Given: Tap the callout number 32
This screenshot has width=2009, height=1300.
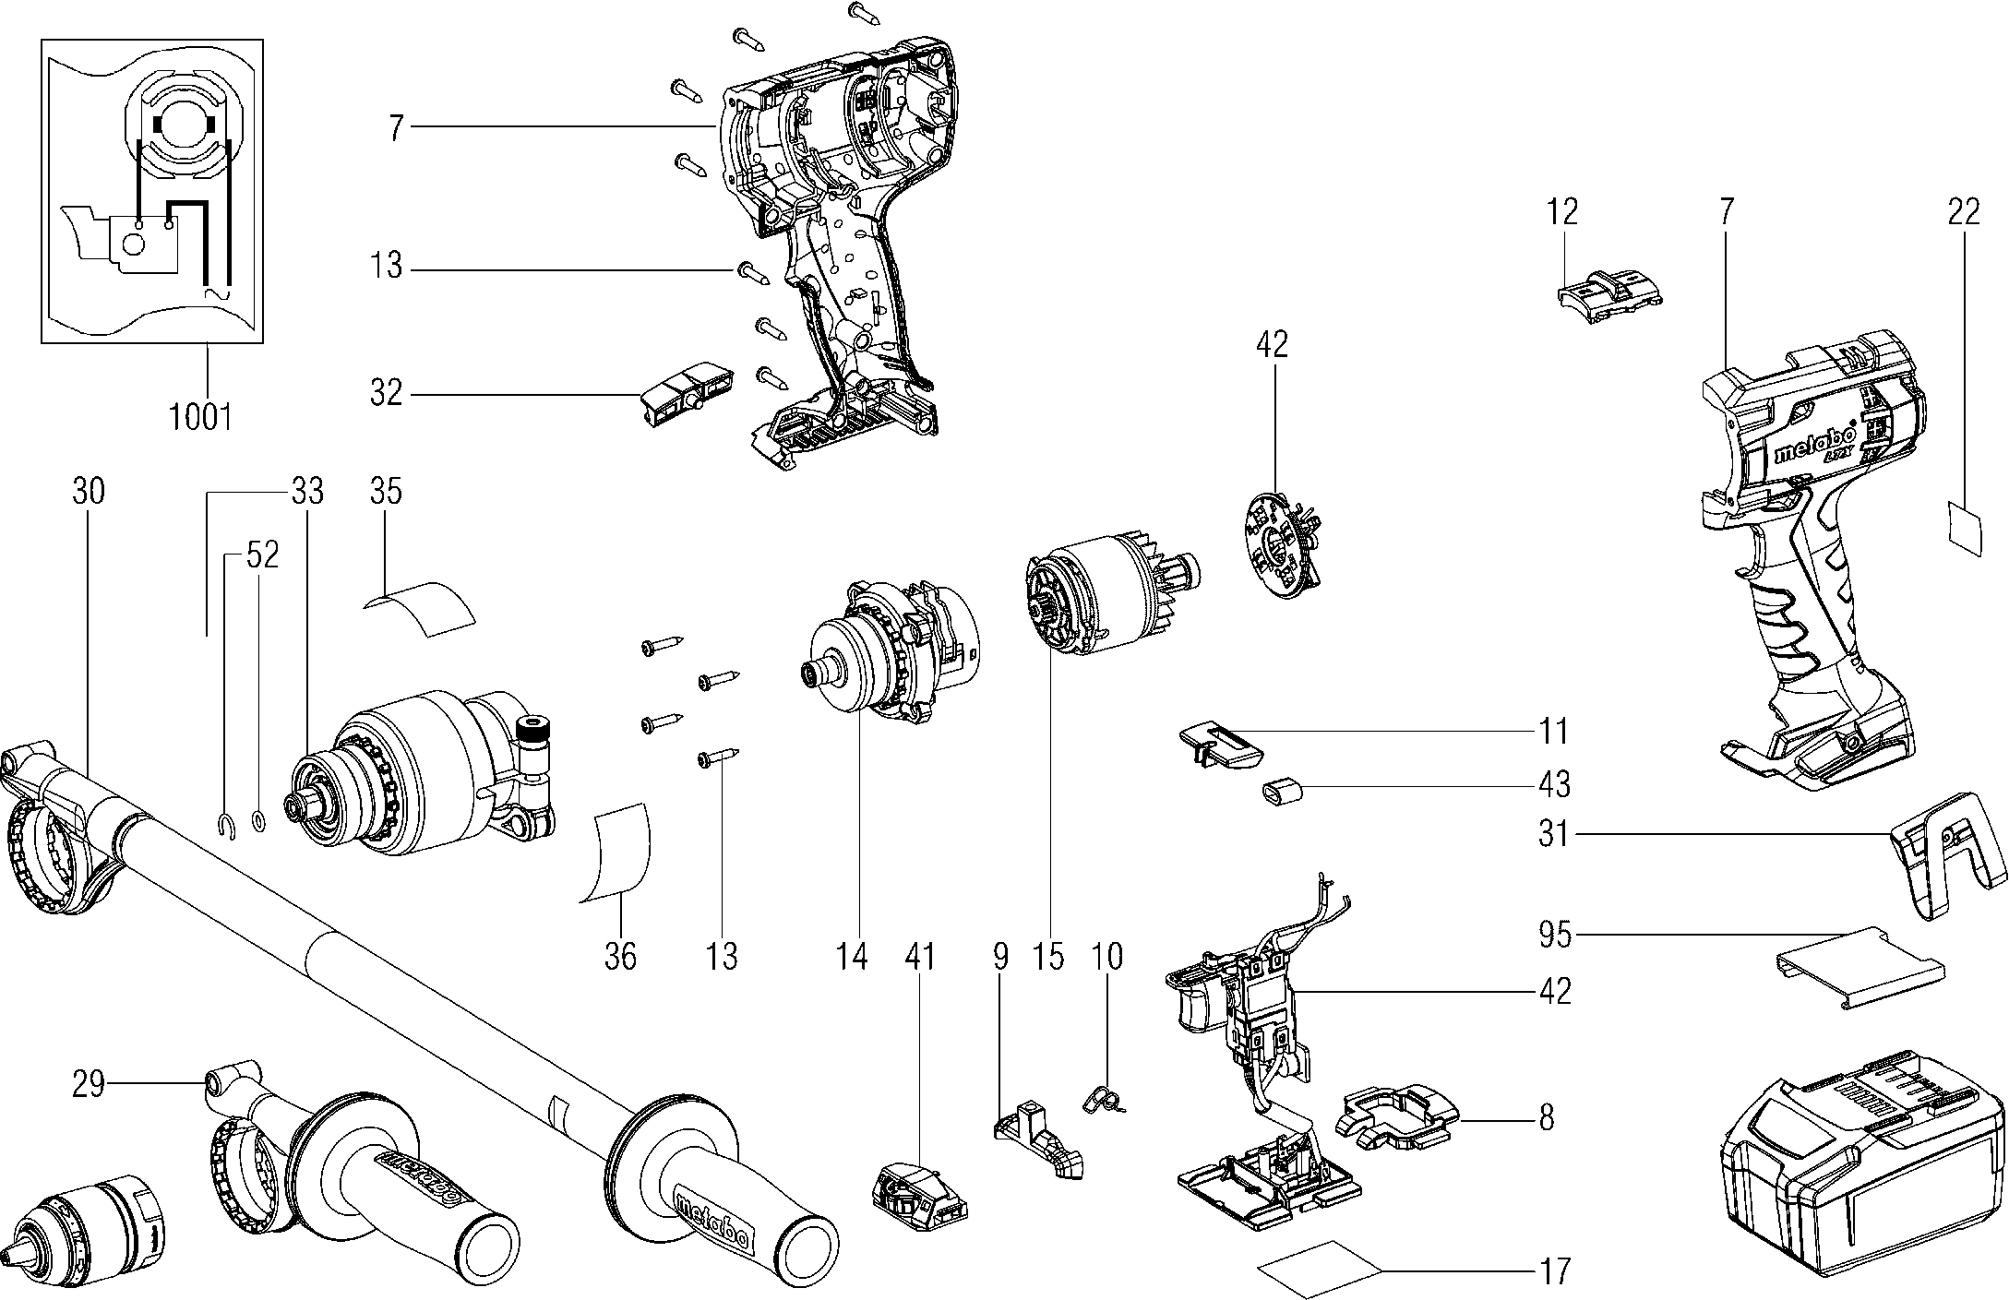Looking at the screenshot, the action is [x=387, y=394].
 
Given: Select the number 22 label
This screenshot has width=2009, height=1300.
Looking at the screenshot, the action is [x=1964, y=213].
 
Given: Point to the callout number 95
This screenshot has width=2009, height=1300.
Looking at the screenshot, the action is [x=1554, y=935].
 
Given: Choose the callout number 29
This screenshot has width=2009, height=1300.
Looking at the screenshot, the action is [x=90, y=1085].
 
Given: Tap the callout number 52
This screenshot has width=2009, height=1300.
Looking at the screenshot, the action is [x=262, y=555].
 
